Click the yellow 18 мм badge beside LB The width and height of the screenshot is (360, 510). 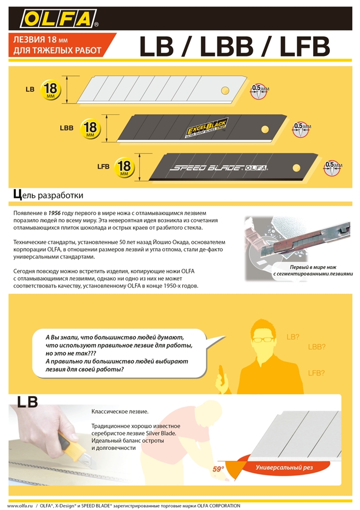pyautogui.click(x=51, y=89)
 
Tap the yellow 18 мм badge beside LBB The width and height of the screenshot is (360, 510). pyautogui.click(x=91, y=128)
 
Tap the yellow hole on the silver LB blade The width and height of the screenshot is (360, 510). pyautogui.click(x=225, y=90)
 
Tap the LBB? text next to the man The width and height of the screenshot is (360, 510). pyautogui.click(x=317, y=347)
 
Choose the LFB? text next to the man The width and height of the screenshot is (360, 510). pyautogui.click(x=317, y=373)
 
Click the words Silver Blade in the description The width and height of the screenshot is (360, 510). pyautogui.click(x=163, y=433)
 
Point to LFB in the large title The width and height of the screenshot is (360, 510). pyautogui.click(x=297, y=47)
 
